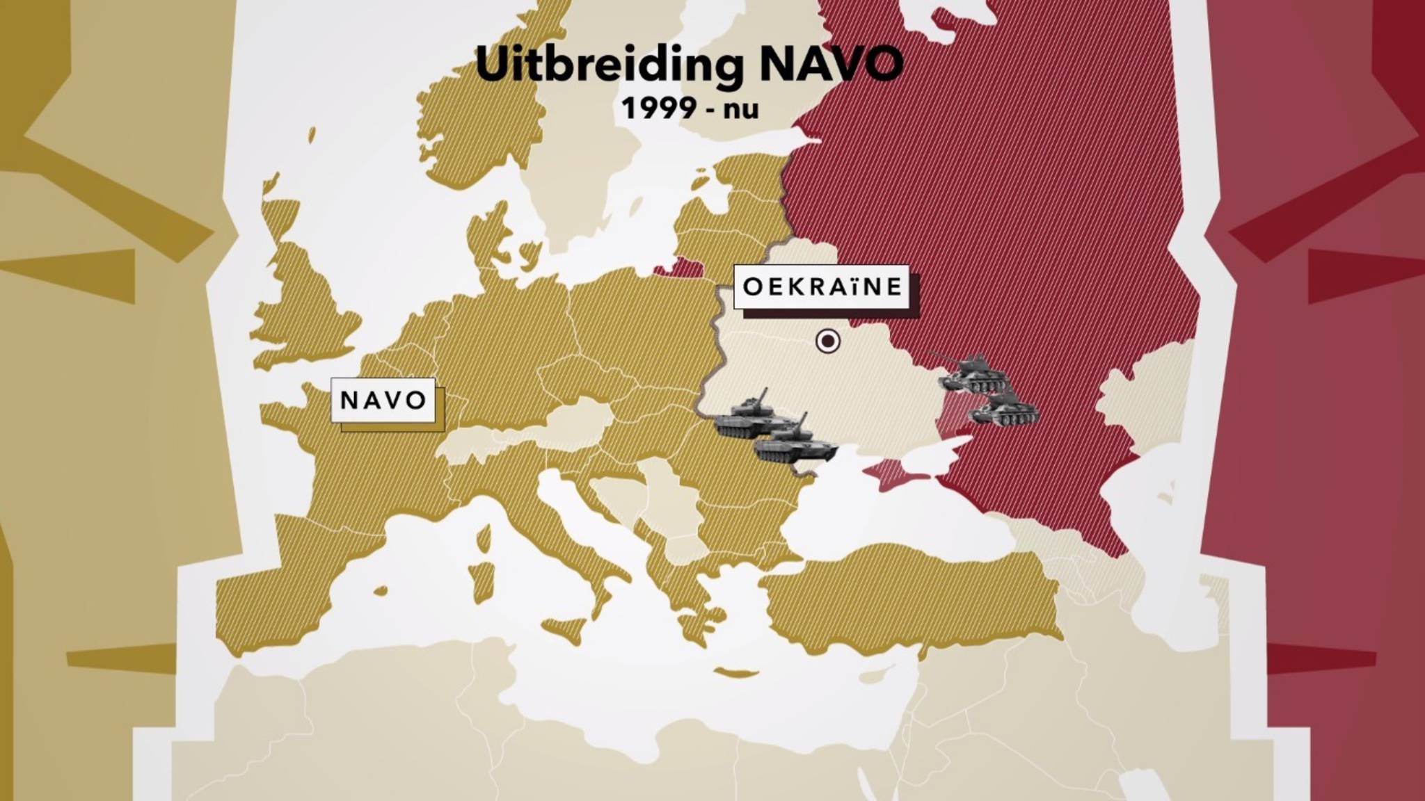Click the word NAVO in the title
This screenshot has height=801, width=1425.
click(x=831, y=65)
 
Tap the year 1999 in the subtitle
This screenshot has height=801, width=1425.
click(x=658, y=108)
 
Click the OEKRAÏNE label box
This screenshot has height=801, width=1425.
click(x=822, y=286)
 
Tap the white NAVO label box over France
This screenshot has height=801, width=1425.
click(x=383, y=400)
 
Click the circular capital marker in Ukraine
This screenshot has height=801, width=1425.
click(x=827, y=341)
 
